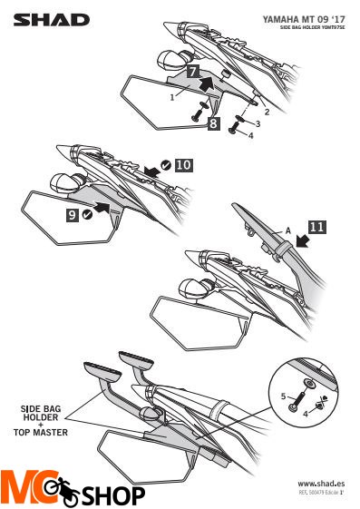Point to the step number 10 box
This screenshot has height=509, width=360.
coord(183,165)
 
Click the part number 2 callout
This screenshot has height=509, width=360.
coord(267,110)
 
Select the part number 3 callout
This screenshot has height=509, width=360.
coord(258,122)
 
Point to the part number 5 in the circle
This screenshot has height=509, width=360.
coord(284,396)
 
